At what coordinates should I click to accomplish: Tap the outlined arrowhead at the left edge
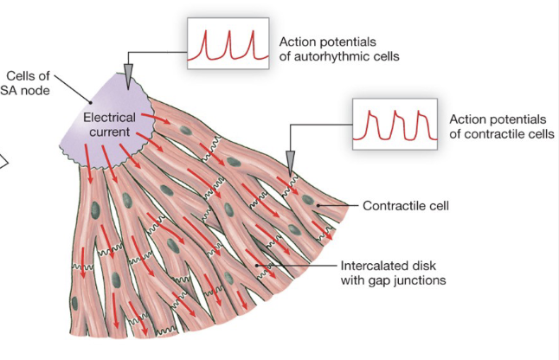(3, 158)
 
